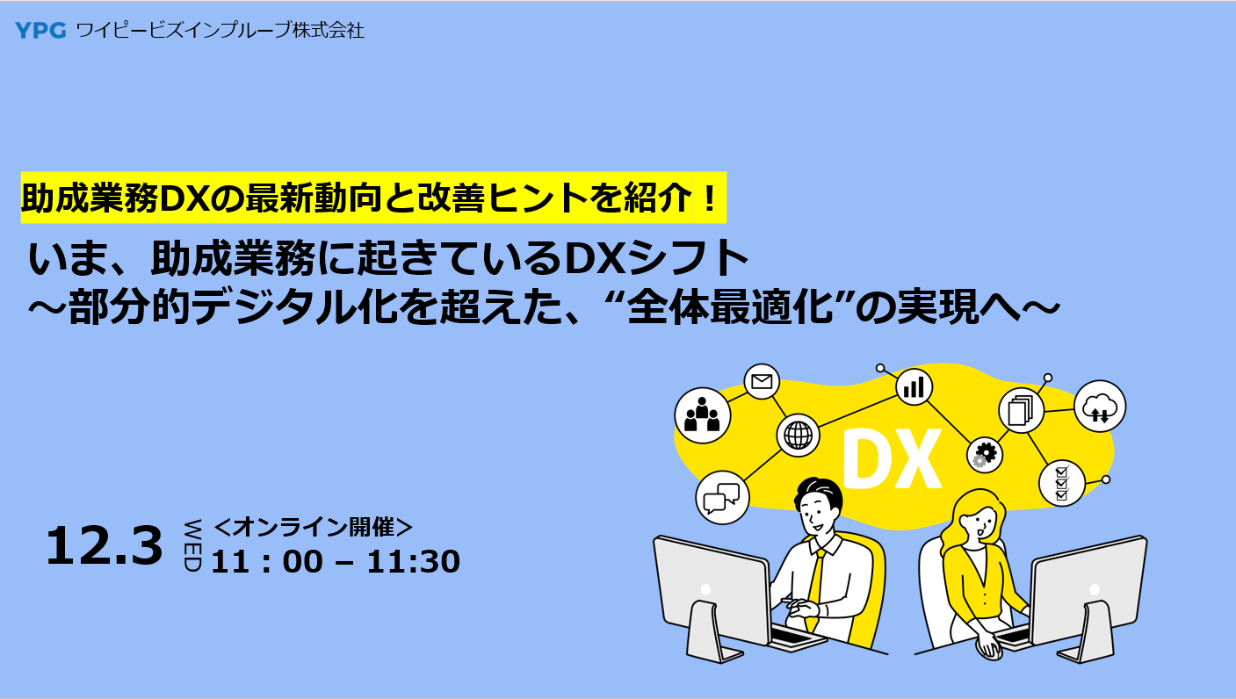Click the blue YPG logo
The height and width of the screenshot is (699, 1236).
pos(40,31)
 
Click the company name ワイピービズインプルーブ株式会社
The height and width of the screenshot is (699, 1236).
pos(220,31)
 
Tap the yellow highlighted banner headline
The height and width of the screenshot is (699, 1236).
pos(373,198)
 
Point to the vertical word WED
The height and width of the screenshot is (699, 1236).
pos(192,546)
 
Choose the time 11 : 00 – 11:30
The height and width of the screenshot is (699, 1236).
pos(336,561)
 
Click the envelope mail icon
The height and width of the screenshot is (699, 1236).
pos(762,381)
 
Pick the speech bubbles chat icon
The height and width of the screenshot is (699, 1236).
pos(723,497)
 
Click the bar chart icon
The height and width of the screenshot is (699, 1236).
pos(914,386)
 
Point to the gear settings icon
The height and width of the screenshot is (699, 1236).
pos(985,454)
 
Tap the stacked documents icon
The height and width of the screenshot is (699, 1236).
pos(1020,410)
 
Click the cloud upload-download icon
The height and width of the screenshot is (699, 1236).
pos(1099,407)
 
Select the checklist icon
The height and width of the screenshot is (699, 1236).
pos(1061,482)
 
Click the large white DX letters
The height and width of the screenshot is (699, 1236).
pos(891,459)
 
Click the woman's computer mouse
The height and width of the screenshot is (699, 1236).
pos(988,648)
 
